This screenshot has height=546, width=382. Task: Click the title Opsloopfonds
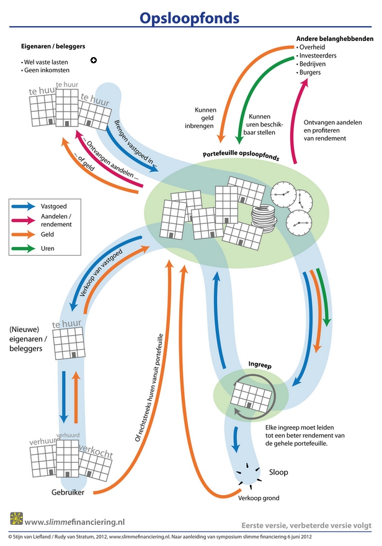(x=189, y=18)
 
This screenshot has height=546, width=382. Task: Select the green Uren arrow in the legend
(x=24, y=248)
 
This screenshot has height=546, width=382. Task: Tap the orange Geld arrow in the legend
(x=24, y=235)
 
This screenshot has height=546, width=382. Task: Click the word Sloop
(x=278, y=472)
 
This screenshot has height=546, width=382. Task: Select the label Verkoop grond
(x=258, y=498)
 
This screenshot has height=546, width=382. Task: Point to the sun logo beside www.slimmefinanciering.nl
(x=16, y=518)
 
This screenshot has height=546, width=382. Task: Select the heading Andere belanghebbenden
(x=335, y=38)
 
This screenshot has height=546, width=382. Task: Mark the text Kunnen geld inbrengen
(x=204, y=118)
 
